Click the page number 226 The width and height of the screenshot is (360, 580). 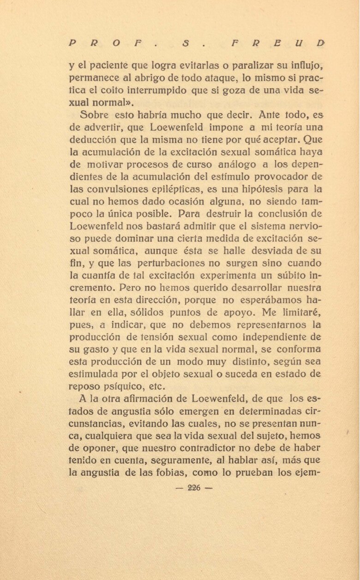(194, 489)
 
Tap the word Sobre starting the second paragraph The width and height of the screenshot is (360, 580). (94, 115)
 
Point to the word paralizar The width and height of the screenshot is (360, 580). (254, 66)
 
